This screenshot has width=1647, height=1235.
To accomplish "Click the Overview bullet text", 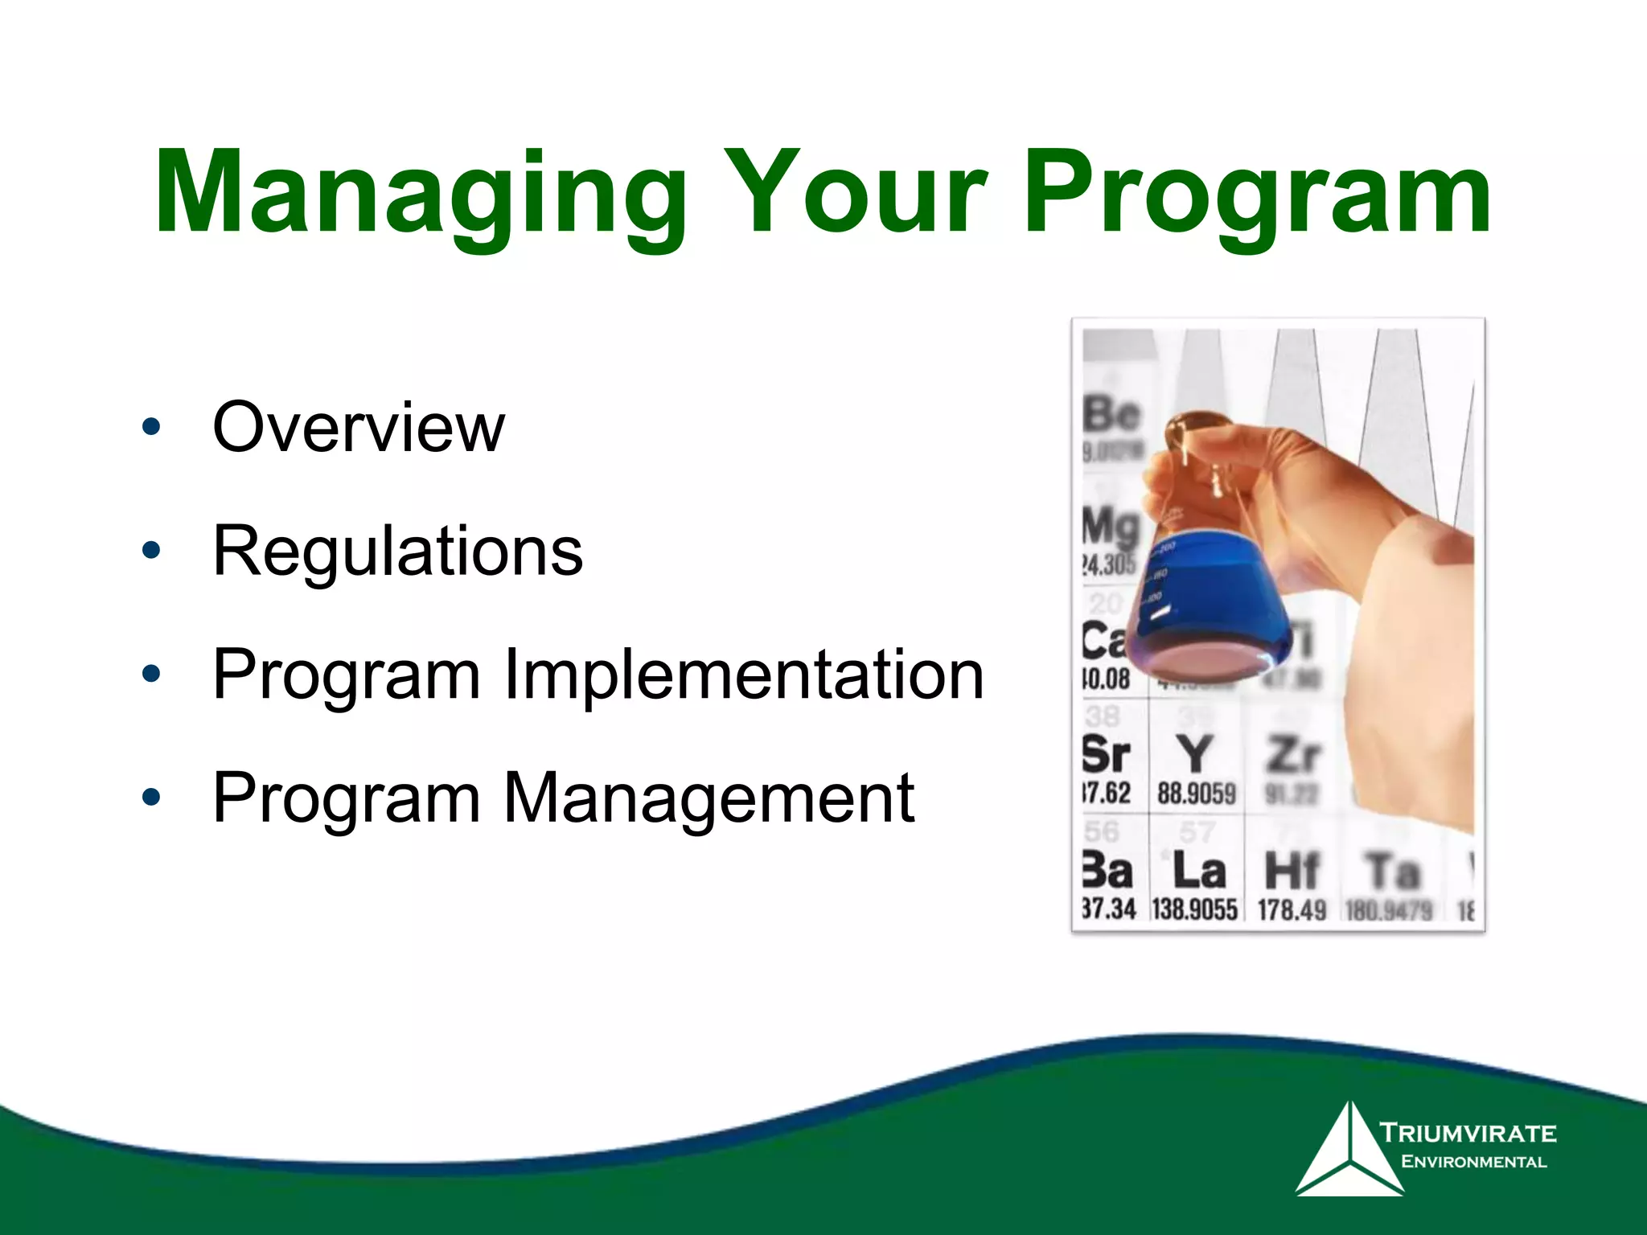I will tap(358, 427).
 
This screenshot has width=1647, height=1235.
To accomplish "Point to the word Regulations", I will tap(397, 552).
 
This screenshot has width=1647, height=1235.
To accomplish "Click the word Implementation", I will tap(743, 675).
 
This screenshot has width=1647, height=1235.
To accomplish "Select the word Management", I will tap(708, 798).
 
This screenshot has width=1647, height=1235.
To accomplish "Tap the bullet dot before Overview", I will tap(150, 428).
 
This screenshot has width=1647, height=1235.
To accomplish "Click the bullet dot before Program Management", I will tap(150, 798).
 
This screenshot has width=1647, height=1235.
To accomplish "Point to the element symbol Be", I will tap(1111, 415).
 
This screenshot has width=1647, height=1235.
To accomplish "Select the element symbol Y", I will tap(1195, 754).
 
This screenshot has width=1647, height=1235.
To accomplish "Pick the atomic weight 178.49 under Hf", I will tap(1292, 910).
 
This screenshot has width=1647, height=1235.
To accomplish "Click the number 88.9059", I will tap(1196, 794).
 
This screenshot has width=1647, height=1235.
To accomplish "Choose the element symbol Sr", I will tap(1107, 754).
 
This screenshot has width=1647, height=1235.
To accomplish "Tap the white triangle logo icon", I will tap(1349, 1151).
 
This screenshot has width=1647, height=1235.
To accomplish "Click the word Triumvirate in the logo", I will tap(1468, 1134).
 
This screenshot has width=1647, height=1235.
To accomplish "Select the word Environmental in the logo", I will tap(1473, 1162).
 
